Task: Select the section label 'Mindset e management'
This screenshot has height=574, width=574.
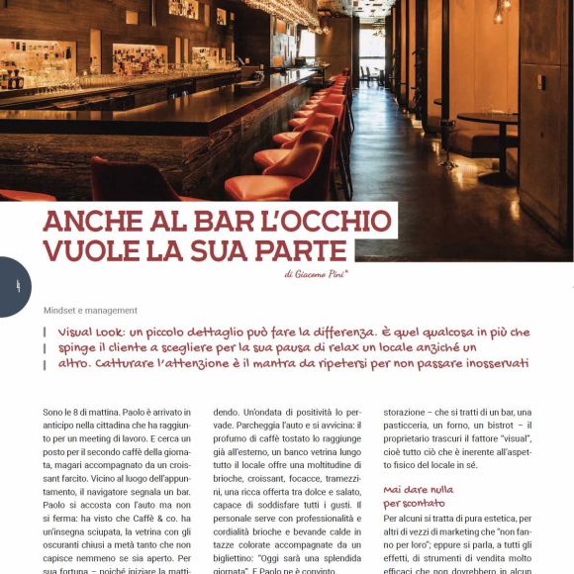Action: (x=90, y=310)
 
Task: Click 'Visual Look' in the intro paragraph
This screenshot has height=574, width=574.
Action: (x=96, y=333)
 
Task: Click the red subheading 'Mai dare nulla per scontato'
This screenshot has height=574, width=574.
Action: (x=419, y=496)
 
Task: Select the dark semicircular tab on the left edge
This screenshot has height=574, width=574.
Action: (x=14, y=286)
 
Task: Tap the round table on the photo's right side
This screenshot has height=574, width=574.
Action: (x=492, y=120)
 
